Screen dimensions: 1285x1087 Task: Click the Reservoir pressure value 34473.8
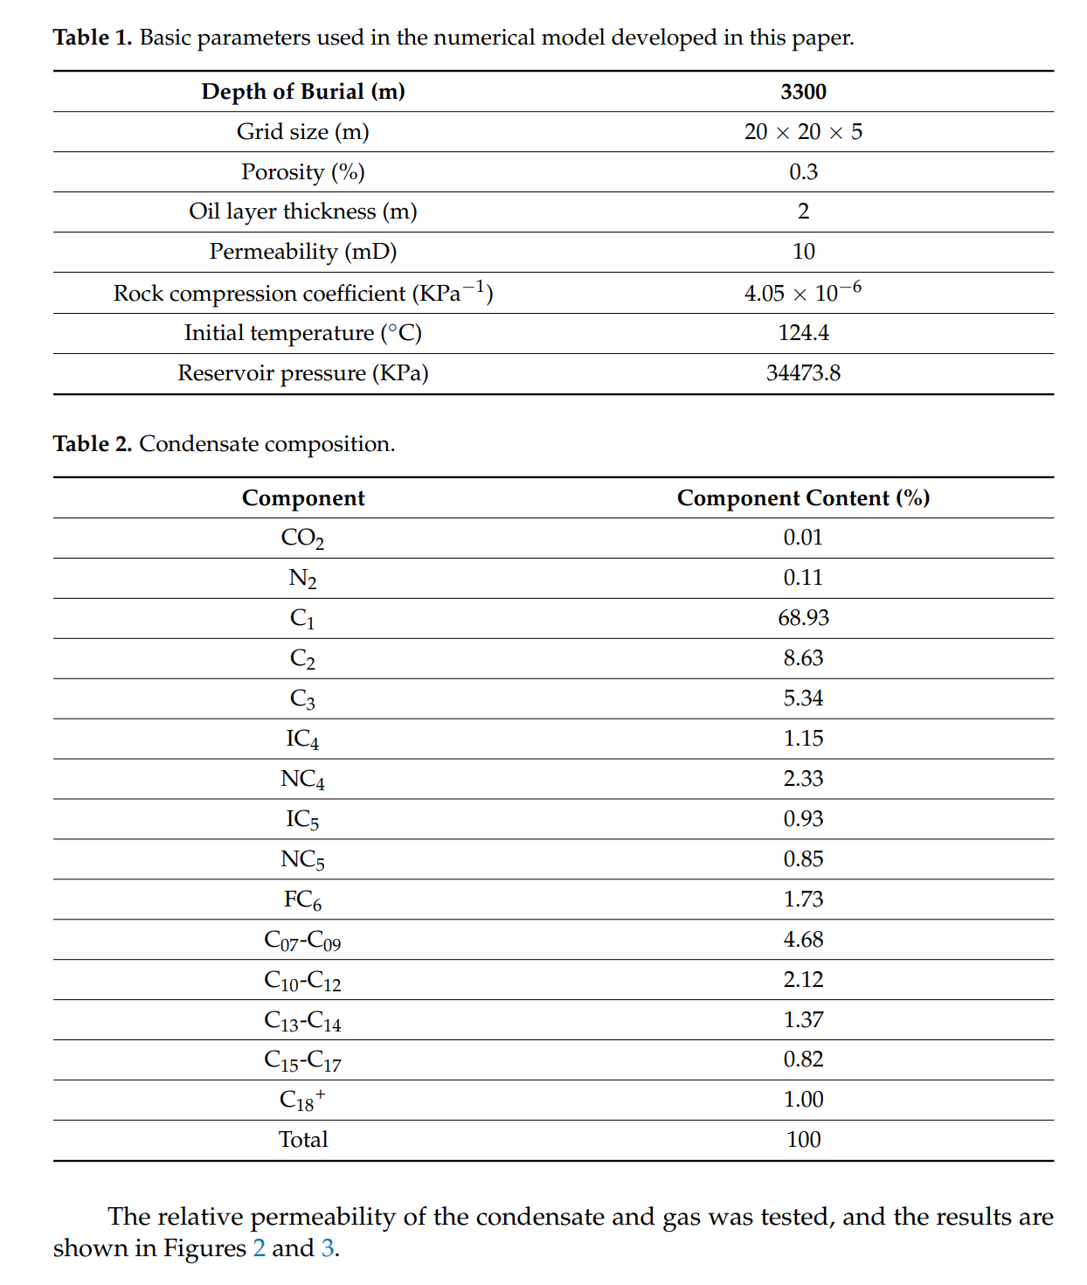click(803, 373)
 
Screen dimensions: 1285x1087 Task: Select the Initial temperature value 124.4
click(803, 333)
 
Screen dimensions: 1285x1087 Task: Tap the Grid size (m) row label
click(302, 132)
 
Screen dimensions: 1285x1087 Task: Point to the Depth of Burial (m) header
click(302, 92)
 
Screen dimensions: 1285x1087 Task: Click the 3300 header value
click(803, 92)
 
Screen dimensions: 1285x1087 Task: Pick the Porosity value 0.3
click(803, 172)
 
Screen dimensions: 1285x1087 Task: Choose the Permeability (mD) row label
click(302, 252)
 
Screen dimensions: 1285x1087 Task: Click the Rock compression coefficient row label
click(302, 293)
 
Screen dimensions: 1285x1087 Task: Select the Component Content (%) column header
click(803, 498)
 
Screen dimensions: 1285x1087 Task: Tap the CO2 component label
click(302, 538)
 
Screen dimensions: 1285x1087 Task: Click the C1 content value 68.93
click(803, 618)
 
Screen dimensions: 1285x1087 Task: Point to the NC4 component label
click(302, 779)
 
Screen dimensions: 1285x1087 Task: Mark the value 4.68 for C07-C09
click(803, 940)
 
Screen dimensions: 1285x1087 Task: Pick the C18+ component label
click(302, 1100)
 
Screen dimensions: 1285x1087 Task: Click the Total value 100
click(803, 1140)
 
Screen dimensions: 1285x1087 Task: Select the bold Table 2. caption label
click(93, 444)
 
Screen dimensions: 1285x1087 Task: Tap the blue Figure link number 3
click(328, 1248)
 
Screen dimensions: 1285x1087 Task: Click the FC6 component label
click(302, 899)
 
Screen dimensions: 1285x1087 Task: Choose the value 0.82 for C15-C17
click(803, 1059)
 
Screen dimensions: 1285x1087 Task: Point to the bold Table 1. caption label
click(93, 38)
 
